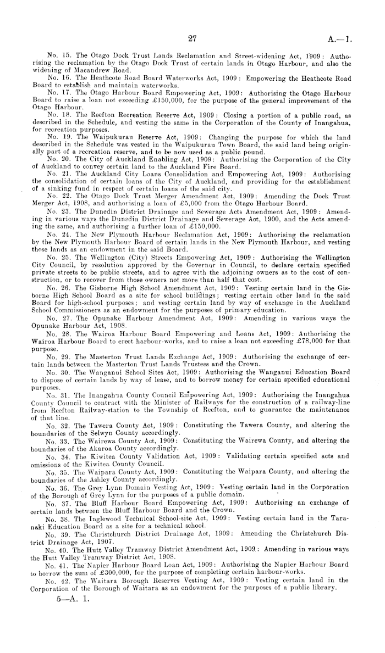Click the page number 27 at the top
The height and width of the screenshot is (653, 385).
[192, 39]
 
